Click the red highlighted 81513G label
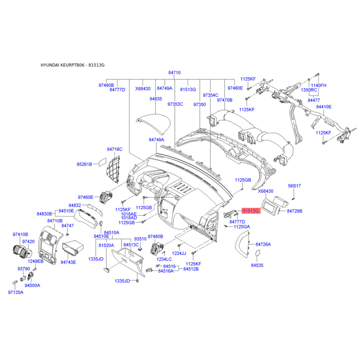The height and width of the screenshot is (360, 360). [251, 211]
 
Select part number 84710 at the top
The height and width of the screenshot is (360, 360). [175, 72]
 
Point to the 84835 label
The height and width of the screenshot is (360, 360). [156, 99]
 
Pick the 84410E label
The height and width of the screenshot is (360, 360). [324, 107]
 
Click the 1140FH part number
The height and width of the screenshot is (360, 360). [319, 85]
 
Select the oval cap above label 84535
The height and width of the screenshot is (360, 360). [257, 253]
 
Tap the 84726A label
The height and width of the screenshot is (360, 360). [263, 244]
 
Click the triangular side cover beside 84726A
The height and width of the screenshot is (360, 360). [242, 244]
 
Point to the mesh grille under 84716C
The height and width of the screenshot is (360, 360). [113, 169]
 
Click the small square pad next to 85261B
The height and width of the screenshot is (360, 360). [103, 162]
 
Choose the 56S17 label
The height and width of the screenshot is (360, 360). [294, 186]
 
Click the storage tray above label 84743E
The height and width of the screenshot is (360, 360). [73, 248]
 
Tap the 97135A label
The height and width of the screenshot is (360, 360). [16, 292]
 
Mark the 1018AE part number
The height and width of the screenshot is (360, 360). [129, 214]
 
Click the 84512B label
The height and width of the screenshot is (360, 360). [191, 269]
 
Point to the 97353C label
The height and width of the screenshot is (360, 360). [175, 104]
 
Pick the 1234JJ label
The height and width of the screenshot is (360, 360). [179, 253]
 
